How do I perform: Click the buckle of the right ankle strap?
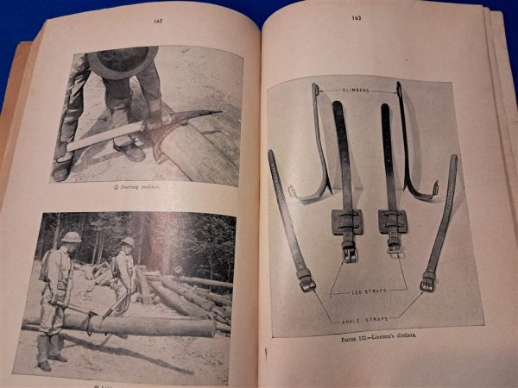(428, 281)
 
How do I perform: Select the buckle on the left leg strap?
(349, 253)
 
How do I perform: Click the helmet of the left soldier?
(71, 237)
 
